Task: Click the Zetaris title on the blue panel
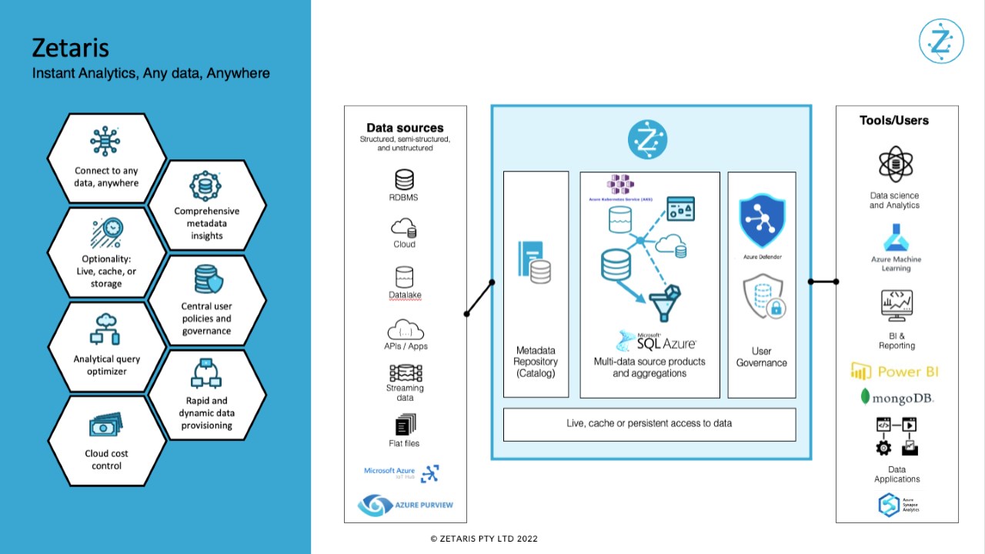click(x=70, y=48)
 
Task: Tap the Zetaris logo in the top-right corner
click(x=941, y=42)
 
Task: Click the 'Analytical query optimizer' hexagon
click(x=106, y=365)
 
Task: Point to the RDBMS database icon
click(x=404, y=180)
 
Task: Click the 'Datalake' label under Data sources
click(x=404, y=295)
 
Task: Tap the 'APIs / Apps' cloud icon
click(x=405, y=330)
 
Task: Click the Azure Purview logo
click(x=405, y=505)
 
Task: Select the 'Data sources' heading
click(x=405, y=128)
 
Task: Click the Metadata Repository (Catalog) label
click(x=536, y=362)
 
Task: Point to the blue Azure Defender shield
click(x=761, y=222)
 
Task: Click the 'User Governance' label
click(x=761, y=357)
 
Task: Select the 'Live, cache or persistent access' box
click(x=649, y=424)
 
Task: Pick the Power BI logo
click(x=894, y=372)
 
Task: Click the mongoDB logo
click(x=897, y=398)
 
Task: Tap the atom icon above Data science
click(x=895, y=165)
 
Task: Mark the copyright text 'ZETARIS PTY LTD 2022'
click(x=484, y=539)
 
